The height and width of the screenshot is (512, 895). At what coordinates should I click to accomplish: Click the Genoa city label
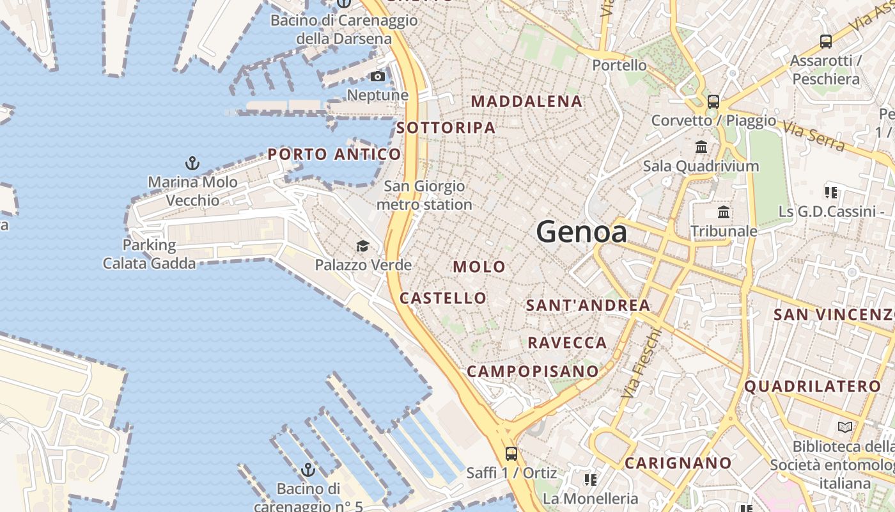(582, 232)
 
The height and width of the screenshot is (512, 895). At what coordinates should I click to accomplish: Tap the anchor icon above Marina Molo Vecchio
(192, 163)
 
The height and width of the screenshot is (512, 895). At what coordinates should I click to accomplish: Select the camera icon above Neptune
(378, 77)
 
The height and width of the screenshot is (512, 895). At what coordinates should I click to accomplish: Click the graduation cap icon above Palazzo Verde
(362, 246)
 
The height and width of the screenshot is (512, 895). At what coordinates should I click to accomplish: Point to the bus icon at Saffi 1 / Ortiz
(511, 454)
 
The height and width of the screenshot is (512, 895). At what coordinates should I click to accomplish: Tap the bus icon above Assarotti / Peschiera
(826, 42)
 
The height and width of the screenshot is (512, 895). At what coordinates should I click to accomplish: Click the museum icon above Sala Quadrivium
(701, 147)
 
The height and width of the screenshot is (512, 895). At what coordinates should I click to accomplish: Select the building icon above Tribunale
(724, 212)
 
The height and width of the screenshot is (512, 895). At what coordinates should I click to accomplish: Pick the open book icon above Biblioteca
(845, 427)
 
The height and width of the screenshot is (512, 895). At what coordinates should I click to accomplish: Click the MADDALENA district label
(527, 101)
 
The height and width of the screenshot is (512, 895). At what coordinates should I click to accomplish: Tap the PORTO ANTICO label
(334, 154)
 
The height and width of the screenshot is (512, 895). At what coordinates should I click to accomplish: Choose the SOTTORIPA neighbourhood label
(446, 127)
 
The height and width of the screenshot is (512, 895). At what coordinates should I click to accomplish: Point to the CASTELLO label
(442, 298)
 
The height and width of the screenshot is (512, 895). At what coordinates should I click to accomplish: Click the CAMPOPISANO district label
(533, 371)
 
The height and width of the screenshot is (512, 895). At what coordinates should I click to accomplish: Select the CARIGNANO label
(678, 463)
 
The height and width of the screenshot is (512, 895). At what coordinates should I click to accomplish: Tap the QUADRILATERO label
(813, 387)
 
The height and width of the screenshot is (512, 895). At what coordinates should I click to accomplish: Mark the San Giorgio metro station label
(424, 196)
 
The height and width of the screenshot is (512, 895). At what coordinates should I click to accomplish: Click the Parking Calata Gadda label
(149, 254)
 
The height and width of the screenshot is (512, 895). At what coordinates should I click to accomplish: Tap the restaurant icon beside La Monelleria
(590, 479)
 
